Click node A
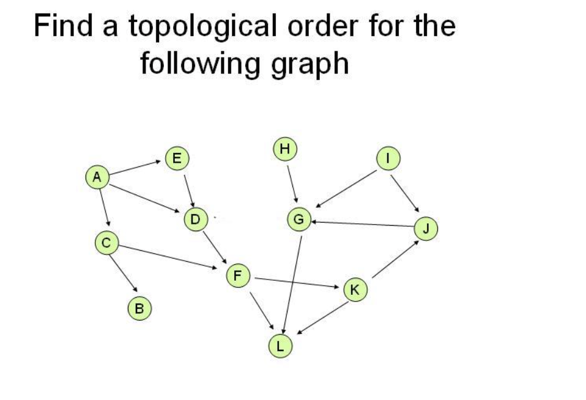(96, 177)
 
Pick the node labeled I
(387, 158)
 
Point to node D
(195, 218)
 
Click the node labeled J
(426, 229)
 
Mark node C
(106, 242)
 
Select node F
(238, 275)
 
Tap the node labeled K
(355, 288)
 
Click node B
(139, 308)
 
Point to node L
(281, 346)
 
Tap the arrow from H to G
(292, 183)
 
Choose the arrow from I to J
(405, 191)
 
